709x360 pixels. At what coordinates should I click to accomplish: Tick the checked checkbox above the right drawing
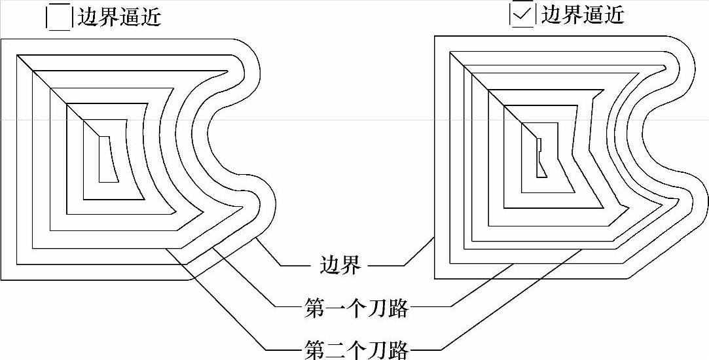pyautogui.click(x=522, y=14)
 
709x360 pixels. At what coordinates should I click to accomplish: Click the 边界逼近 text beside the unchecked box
pyautogui.click(x=119, y=17)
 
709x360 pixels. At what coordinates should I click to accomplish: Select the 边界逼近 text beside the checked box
pyautogui.click(x=582, y=14)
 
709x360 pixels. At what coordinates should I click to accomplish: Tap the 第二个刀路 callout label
pyautogui.click(x=356, y=349)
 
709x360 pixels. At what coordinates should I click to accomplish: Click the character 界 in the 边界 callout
pyautogui.click(x=350, y=265)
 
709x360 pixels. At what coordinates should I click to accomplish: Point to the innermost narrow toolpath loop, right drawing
pyautogui.click(x=541, y=158)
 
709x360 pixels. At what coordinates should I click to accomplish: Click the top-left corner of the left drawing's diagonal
pyautogui.click(x=17, y=56)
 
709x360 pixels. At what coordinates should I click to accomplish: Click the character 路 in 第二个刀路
pyautogui.click(x=398, y=349)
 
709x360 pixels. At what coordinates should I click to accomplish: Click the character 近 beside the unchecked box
pyautogui.click(x=151, y=17)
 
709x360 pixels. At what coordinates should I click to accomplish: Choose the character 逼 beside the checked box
pyautogui.click(x=592, y=14)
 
